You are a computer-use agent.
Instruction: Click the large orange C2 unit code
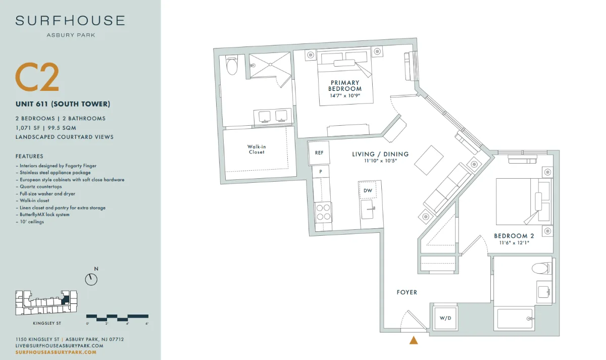pos(37,77)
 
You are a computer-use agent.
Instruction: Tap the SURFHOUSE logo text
pos(70,21)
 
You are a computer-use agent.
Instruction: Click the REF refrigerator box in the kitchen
pos(319,153)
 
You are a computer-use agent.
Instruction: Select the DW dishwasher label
pos(368,190)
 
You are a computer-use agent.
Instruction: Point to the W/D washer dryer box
pos(445,318)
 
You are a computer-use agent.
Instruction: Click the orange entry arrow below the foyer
pos(414,340)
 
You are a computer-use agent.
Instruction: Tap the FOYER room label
pos(407,292)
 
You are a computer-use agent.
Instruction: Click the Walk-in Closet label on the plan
pos(257,149)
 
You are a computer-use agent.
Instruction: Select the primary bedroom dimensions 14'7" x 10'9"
pos(345,95)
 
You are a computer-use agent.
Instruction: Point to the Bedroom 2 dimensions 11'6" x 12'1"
pos(514,243)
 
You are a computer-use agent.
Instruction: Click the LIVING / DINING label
pos(380,154)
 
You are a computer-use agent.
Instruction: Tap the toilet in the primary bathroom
pos(232,65)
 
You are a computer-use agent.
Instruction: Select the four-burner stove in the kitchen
pos(323,213)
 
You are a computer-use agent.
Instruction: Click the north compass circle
pos(91,279)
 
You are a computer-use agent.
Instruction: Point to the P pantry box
pos(321,172)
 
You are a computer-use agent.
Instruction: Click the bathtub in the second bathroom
pos(515,319)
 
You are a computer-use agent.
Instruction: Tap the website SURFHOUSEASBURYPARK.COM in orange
pos(56,352)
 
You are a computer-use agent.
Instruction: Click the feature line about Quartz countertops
pos(40,187)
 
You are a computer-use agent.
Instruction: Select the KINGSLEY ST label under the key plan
pos(47,323)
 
